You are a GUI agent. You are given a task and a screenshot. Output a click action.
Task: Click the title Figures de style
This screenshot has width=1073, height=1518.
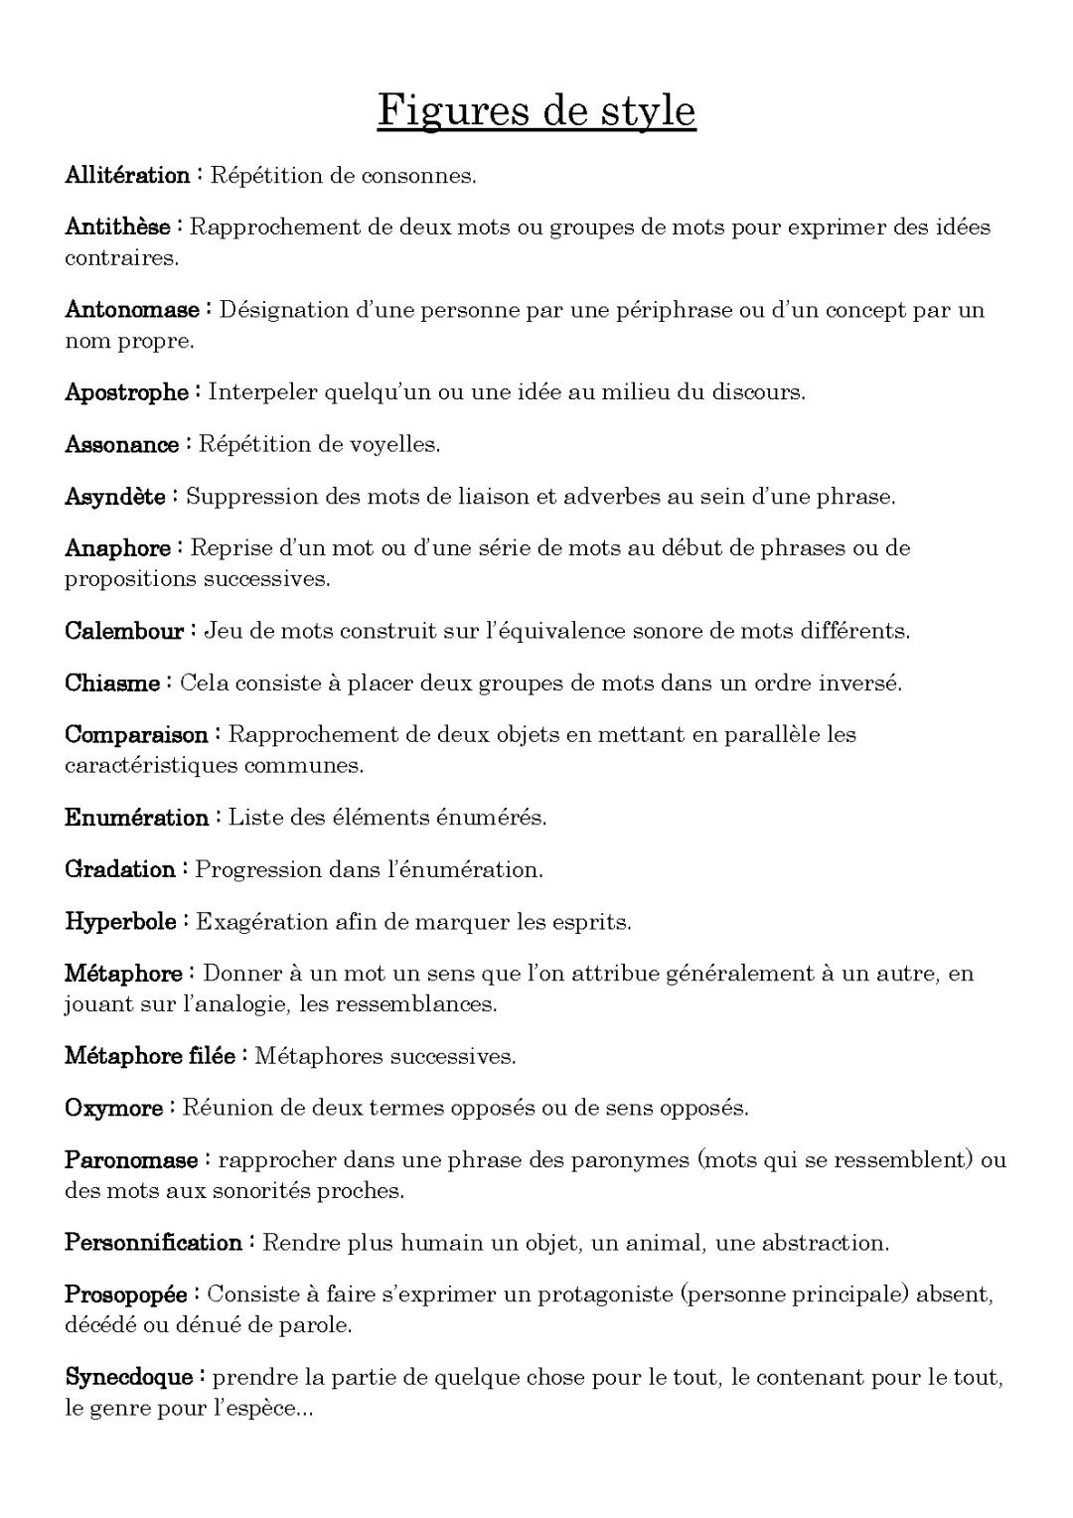[536, 110]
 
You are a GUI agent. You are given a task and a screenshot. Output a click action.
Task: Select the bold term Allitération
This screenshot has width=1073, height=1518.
[127, 176]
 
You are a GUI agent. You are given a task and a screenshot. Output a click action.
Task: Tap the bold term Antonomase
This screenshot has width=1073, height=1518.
[131, 310]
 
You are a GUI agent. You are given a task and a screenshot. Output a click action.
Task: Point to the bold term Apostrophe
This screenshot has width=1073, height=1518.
[126, 392]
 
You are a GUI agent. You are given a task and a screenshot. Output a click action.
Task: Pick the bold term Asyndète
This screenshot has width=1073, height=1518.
[115, 497]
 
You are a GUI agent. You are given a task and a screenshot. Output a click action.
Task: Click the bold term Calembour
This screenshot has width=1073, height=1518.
[124, 631]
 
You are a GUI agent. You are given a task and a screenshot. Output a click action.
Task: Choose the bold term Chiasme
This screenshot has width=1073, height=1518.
[112, 683]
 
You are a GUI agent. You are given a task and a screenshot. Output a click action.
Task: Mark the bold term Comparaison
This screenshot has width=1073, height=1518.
[136, 735]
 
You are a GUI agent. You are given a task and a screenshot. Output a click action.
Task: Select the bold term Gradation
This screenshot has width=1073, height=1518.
[120, 870]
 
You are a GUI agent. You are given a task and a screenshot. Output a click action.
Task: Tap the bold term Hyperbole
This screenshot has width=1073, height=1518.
[120, 922]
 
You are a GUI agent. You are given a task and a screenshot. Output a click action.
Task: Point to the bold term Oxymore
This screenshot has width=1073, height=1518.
[113, 1108]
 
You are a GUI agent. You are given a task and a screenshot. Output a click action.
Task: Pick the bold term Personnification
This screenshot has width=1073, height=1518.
[153, 1243]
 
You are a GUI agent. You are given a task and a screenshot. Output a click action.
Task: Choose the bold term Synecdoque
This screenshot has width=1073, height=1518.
[128, 1377]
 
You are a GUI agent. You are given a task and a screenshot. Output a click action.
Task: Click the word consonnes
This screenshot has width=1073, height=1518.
[418, 177]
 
